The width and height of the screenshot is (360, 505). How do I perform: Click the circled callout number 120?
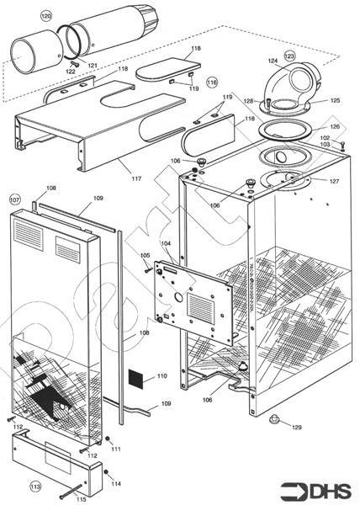[46, 16]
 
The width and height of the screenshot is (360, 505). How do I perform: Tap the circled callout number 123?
[290, 56]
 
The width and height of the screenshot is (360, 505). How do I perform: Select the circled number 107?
[14, 200]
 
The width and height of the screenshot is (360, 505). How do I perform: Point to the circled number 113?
[34, 486]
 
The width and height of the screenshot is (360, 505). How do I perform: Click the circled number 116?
[212, 82]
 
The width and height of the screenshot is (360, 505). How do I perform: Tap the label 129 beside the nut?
[296, 428]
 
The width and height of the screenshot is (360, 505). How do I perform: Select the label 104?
[166, 243]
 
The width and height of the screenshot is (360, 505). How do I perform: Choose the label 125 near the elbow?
[335, 100]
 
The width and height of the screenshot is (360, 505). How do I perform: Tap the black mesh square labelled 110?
[137, 377]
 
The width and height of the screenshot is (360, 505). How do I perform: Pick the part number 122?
[70, 72]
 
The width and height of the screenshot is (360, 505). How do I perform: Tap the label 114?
[116, 483]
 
